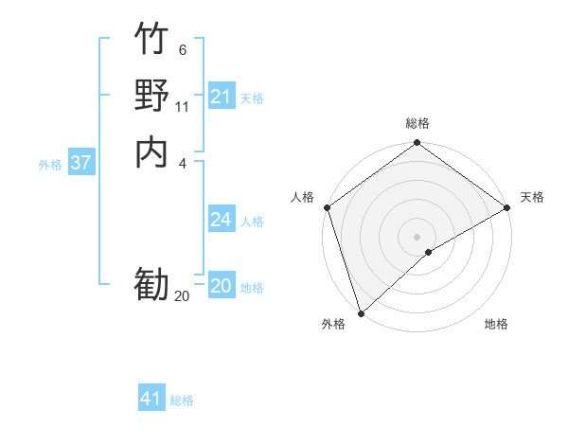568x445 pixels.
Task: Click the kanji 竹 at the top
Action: point(152,41)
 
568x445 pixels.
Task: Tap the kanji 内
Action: point(152,151)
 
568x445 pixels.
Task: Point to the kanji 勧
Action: point(152,283)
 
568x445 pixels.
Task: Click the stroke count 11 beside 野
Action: point(183,106)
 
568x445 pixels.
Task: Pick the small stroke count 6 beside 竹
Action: point(183,49)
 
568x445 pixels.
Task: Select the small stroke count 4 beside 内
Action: point(183,162)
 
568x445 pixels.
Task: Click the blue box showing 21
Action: point(221,97)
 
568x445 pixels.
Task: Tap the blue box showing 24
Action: point(221,220)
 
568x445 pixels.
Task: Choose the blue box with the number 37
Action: point(80,163)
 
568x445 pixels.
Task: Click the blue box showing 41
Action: point(151,399)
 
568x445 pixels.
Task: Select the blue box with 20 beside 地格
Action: point(221,286)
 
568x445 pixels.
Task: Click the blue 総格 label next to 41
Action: point(182,400)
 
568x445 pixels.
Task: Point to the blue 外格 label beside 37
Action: point(50,165)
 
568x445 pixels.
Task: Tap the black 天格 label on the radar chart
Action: point(532,197)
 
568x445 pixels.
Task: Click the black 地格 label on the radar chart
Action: point(496,324)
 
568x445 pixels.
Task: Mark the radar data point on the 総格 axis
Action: point(417,144)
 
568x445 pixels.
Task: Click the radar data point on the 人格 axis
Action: point(327,207)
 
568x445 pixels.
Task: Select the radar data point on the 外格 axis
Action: point(361,312)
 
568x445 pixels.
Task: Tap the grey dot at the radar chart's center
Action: point(417,237)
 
